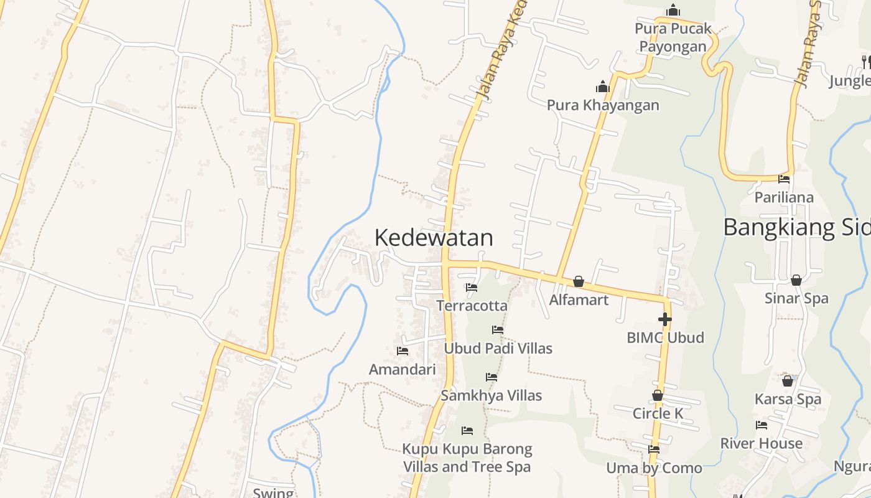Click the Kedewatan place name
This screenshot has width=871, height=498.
pyautogui.click(x=434, y=238)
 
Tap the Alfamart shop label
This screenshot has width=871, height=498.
pyautogui.click(x=579, y=299)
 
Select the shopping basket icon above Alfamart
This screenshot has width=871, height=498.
pyautogui.click(x=579, y=281)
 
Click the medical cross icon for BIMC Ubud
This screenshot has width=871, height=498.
pyautogui.click(x=664, y=319)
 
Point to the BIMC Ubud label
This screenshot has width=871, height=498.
pyautogui.click(x=665, y=337)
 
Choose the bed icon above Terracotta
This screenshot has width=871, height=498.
pyautogui.click(x=472, y=288)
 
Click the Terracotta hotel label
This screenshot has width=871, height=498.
pyautogui.click(x=472, y=306)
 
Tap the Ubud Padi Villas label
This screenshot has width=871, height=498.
pyautogui.click(x=498, y=348)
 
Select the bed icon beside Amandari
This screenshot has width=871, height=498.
pyautogui.click(x=403, y=351)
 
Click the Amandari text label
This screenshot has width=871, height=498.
pyautogui.click(x=403, y=369)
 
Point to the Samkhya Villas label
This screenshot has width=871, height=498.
pyautogui.click(x=491, y=395)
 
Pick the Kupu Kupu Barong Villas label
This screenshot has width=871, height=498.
pyautogui.click(x=467, y=458)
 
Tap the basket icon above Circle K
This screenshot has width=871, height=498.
pyautogui.click(x=658, y=395)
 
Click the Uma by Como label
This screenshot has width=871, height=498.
pyautogui.click(x=654, y=467)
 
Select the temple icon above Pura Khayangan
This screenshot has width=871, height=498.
pyautogui.click(x=602, y=87)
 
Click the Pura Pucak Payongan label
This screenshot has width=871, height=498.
pyautogui.click(x=673, y=37)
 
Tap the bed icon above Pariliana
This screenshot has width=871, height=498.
pyautogui.click(x=784, y=179)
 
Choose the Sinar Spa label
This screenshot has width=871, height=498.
pyautogui.click(x=796, y=298)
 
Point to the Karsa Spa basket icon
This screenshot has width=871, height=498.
pyautogui.click(x=788, y=381)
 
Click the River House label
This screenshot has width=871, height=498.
pyautogui.click(x=762, y=443)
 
